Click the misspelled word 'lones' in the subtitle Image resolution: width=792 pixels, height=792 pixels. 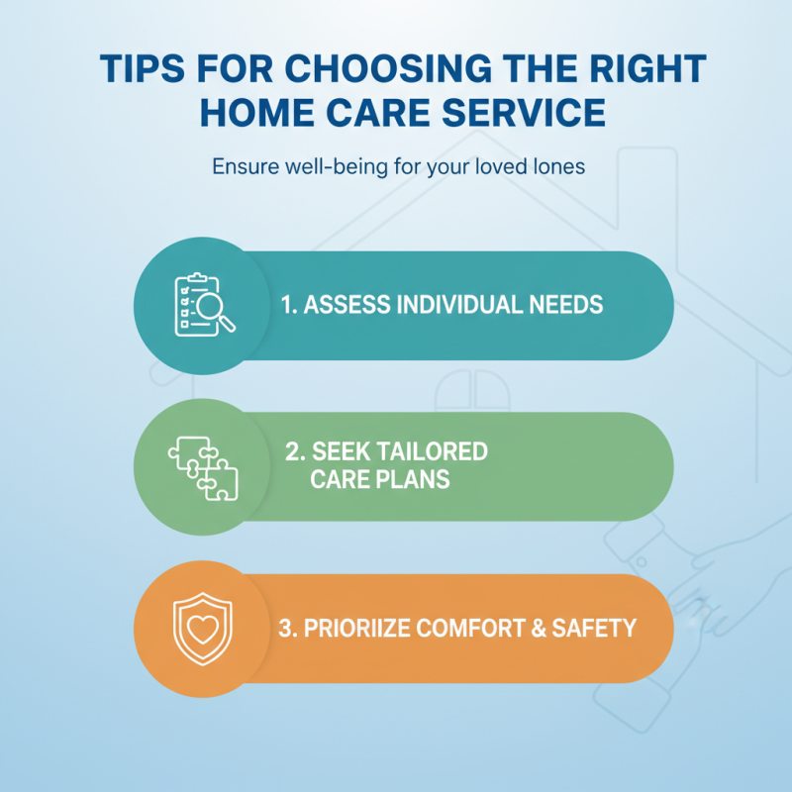pyautogui.click(x=560, y=166)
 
